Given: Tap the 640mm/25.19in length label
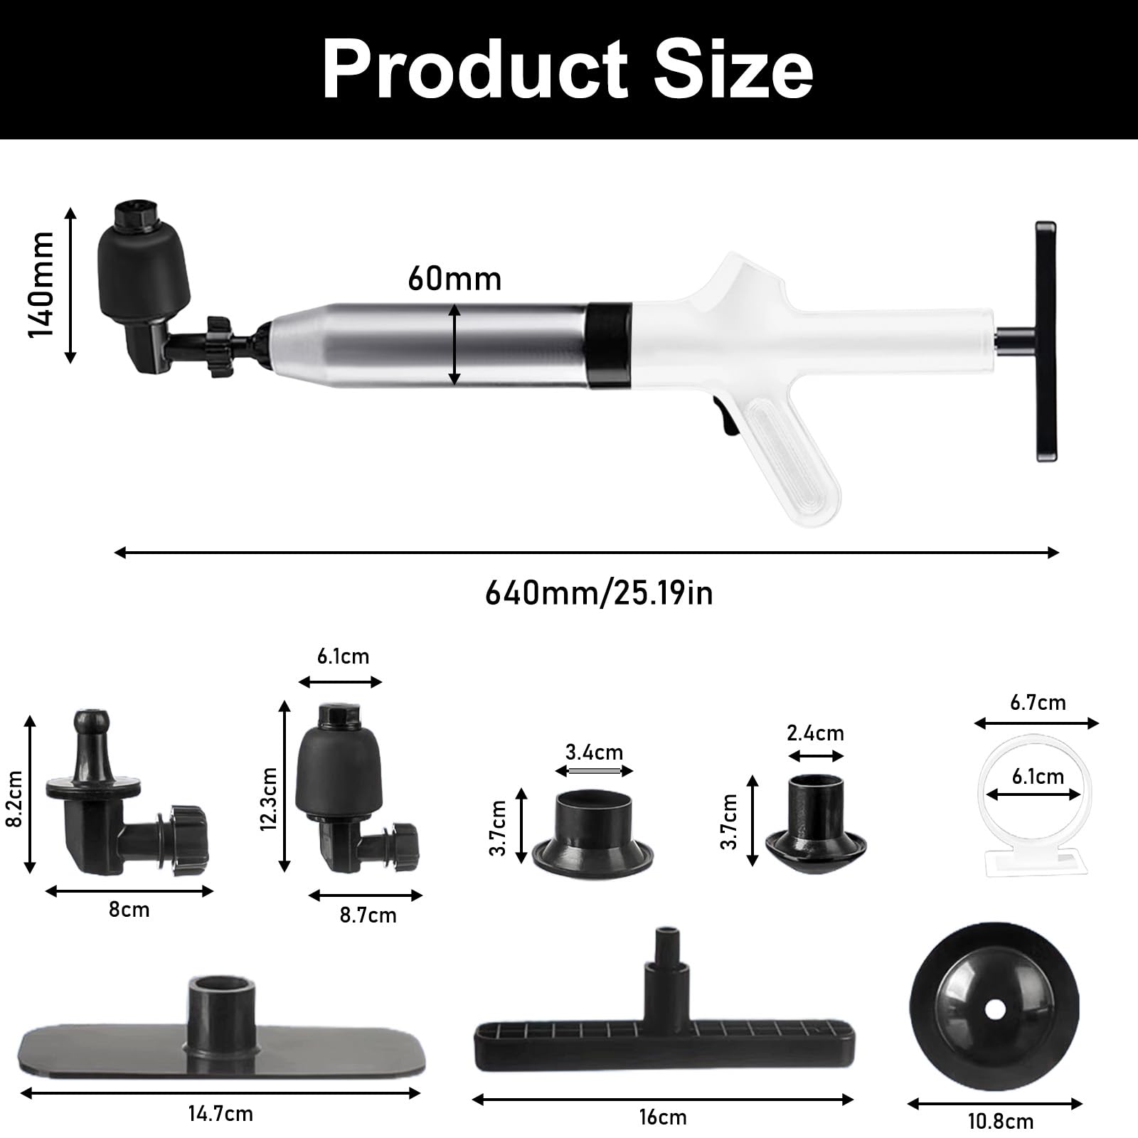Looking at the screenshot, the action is click(x=599, y=592).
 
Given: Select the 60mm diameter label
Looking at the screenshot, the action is click(x=454, y=278).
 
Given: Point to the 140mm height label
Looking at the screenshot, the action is click(x=41, y=284).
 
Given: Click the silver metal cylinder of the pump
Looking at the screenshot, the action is click(x=431, y=345).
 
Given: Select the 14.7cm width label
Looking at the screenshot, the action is click(x=220, y=1113).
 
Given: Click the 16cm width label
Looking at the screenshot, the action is click(x=663, y=1117).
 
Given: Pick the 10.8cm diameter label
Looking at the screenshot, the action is click(x=1000, y=1122).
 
